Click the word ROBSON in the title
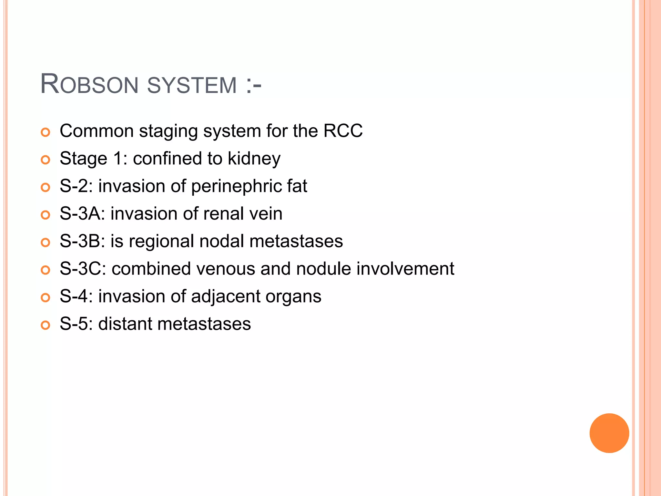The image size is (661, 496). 89,85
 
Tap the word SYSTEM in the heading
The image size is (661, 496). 192,85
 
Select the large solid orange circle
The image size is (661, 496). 609,433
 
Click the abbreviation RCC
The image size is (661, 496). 343,131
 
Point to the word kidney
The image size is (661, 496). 254,159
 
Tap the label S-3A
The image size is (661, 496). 82,214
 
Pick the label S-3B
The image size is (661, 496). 82,242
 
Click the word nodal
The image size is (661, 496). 221,242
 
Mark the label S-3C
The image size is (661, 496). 83,269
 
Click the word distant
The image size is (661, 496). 125,324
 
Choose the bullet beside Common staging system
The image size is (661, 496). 46,132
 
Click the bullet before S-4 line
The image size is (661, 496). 46,298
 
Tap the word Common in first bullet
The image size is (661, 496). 97,131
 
